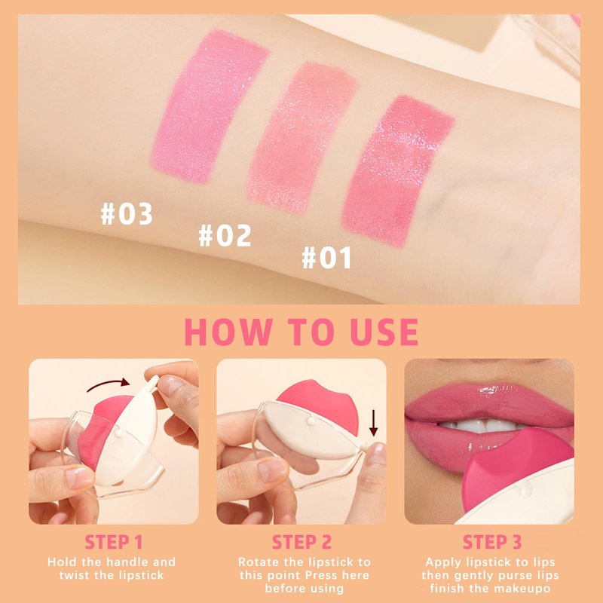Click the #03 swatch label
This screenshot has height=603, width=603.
(127, 213)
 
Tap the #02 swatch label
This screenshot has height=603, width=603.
(225, 235)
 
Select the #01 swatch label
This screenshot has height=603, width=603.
(326, 257)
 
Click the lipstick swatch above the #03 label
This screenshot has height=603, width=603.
(209, 106)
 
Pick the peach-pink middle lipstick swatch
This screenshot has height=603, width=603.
(302, 138)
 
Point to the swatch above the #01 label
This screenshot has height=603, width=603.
(399, 171)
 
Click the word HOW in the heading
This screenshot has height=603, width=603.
(228, 332)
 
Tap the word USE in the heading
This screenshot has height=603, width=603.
(384, 332)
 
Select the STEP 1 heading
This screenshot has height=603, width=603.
(114, 542)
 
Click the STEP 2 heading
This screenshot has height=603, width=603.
(301, 542)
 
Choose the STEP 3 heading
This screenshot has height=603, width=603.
(492, 542)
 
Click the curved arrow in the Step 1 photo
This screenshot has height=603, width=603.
(108, 384)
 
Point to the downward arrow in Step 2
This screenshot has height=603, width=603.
(373, 423)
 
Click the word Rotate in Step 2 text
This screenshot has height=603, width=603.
(259, 562)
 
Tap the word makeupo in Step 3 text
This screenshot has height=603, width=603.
(522, 589)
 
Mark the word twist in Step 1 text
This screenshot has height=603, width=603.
(75, 575)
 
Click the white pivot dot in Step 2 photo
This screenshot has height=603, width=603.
(311, 421)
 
